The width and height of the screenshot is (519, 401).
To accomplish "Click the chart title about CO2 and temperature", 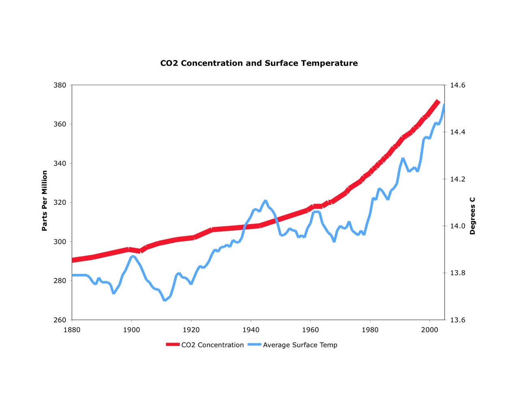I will coord(259,63).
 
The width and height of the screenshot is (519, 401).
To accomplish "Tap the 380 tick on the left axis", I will coord(60,85).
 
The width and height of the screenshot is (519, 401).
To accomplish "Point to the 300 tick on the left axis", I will coord(60,242).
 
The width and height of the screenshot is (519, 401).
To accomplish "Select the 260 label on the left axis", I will coord(60,320).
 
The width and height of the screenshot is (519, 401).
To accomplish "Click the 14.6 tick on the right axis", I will coord(457,85).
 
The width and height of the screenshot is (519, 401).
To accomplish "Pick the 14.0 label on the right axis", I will coord(457,226).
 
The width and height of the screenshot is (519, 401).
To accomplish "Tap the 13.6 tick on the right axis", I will coord(457,320).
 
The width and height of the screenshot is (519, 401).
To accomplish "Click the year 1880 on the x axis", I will coord(72,330).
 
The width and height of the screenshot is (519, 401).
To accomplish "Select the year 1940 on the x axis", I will coord(251,330).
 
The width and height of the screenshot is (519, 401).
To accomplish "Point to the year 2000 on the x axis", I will coord(429,330).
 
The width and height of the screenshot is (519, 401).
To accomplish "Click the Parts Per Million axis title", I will coord(45,201).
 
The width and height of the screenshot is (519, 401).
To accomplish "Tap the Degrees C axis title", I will coord(472,216).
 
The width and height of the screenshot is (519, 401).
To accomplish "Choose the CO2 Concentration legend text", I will coord(212,345).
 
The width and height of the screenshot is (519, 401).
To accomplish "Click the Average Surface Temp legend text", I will coord(300,345).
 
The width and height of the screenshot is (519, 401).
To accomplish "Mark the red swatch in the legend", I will coord(173,345).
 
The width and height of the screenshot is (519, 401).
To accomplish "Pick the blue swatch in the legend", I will coord(254,345).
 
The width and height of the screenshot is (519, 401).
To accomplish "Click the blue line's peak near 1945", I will coord(266,201).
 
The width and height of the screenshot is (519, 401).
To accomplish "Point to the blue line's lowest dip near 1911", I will coord(165,300).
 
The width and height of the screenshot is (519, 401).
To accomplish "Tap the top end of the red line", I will coord(438,102).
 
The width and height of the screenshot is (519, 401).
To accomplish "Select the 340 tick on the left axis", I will coord(60,163).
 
